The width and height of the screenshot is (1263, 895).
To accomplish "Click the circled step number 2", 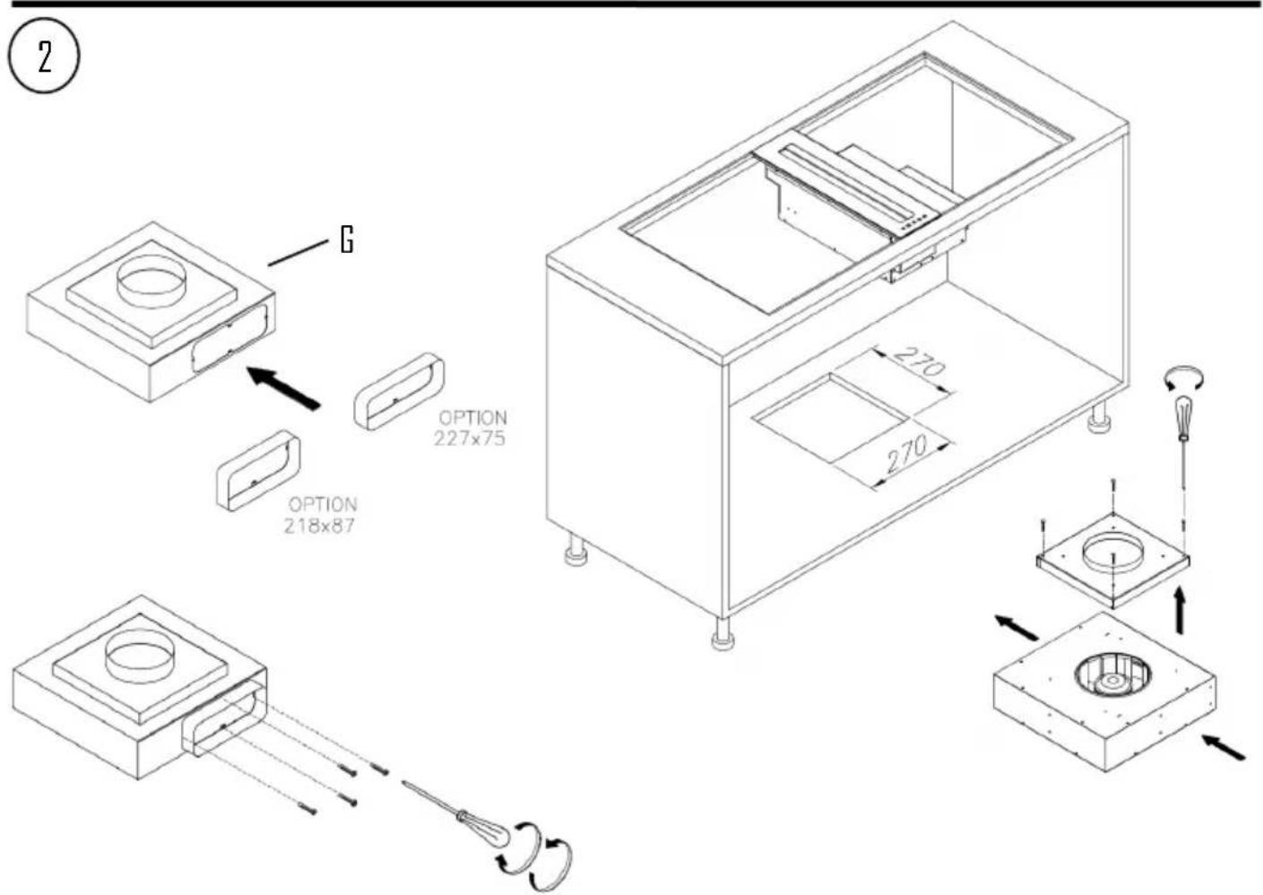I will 43,56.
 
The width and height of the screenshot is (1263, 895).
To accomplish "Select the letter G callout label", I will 346,239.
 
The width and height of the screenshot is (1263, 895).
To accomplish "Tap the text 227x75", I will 470,439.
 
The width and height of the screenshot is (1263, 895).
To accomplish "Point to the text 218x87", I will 319,526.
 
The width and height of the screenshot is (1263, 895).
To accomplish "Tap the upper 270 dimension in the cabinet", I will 920,363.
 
